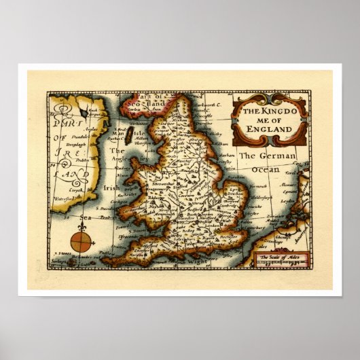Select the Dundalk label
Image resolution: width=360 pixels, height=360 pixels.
click(68, 134)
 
